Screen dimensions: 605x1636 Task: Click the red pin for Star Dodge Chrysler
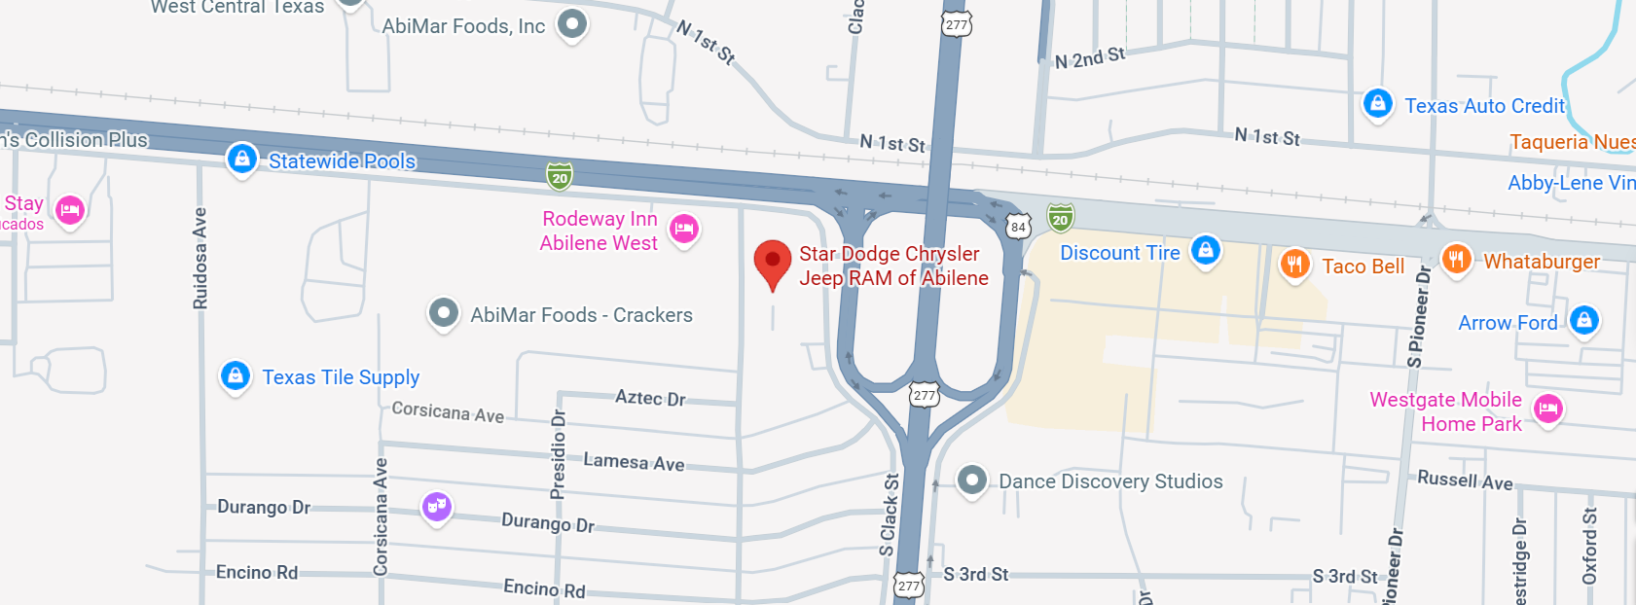[x=773, y=262]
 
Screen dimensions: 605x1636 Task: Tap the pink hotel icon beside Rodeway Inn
[x=684, y=229]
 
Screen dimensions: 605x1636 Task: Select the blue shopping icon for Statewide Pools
[x=241, y=158]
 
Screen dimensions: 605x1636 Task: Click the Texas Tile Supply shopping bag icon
[x=236, y=375]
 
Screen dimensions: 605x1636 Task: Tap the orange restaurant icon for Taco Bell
[x=1294, y=263]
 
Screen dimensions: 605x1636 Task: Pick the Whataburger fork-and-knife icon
[x=1456, y=259]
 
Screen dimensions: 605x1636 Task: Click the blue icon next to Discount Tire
[x=1206, y=250]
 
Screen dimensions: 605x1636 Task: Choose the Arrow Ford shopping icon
[x=1584, y=319]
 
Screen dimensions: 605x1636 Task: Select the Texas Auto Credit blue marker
[x=1377, y=102]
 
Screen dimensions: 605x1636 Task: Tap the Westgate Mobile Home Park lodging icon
[x=1548, y=409]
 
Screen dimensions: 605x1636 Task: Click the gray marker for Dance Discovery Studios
[x=971, y=480]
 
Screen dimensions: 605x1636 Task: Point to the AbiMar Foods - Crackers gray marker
[x=444, y=313]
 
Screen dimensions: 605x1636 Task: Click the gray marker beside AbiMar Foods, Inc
[x=572, y=23]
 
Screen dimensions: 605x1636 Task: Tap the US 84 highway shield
[x=1018, y=228]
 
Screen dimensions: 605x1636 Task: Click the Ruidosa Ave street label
[x=200, y=259]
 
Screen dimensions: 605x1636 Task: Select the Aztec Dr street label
[x=650, y=398]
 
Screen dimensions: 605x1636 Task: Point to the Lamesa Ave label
[x=634, y=462]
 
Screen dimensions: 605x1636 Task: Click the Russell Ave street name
[x=1465, y=480]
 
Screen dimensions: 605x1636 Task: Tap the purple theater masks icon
[x=437, y=506]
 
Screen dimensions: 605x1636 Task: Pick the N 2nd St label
[x=1090, y=58]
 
